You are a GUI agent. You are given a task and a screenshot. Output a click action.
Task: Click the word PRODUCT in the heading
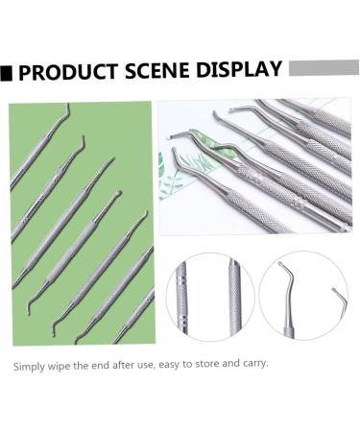pos(66,73)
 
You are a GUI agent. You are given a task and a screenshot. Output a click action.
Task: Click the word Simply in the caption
pos(30,366)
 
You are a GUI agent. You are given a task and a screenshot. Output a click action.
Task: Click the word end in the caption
pos(91,366)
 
